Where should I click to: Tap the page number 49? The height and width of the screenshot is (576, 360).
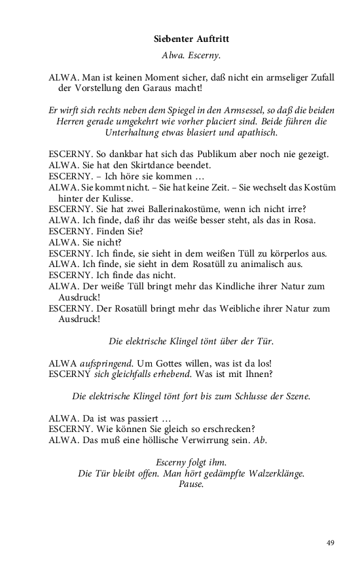pos(330,542)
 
